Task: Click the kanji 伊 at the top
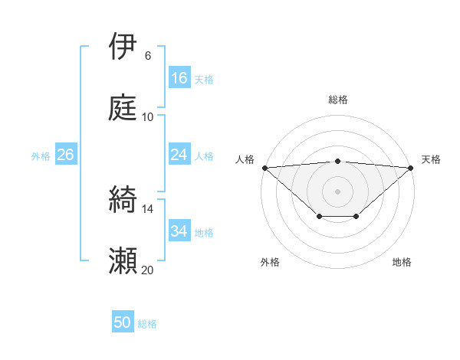click(123, 47)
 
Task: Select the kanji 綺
click(123, 200)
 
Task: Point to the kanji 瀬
click(123, 261)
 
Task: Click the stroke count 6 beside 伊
click(148, 56)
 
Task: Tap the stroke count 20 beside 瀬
click(148, 270)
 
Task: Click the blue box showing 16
click(179, 78)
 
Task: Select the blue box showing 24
click(179, 155)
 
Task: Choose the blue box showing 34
click(179, 231)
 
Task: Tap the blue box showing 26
click(65, 155)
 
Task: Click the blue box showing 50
click(123, 323)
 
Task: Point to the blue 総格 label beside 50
click(147, 324)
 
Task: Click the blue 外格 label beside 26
click(41, 155)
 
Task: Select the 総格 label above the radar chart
click(338, 100)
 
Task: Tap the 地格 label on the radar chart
click(402, 262)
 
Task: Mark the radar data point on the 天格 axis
click(411, 168)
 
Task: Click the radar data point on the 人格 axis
click(264, 168)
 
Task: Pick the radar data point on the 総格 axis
click(338, 161)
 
